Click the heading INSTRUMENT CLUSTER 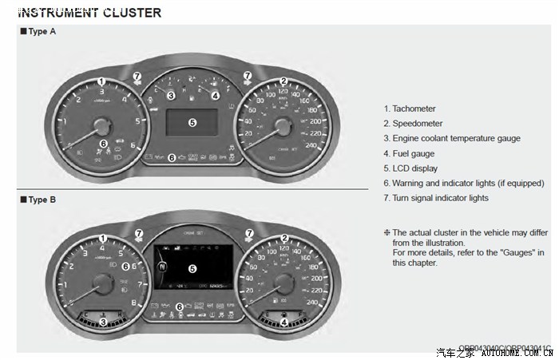tap(89, 13)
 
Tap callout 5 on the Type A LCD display tap(192, 122)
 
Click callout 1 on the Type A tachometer tap(101, 81)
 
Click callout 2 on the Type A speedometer tap(283, 81)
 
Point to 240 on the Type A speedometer tap(311, 145)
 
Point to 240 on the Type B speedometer tap(311, 303)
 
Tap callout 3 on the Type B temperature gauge tap(102, 322)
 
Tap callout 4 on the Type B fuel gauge tap(283, 322)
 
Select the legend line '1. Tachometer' tap(410, 109)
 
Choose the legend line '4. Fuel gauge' tap(409, 153)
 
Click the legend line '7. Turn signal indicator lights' tap(436, 198)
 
